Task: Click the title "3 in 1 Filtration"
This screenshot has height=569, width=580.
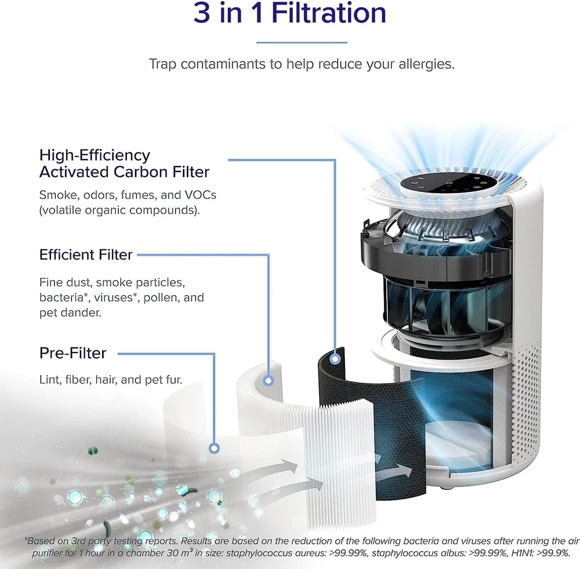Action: (x=289, y=13)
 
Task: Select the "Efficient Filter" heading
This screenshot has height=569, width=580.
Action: (x=86, y=255)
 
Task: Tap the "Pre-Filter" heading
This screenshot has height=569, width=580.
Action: (x=73, y=353)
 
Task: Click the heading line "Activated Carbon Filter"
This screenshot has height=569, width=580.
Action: (x=124, y=172)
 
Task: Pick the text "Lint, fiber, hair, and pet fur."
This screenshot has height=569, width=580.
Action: (x=111, y=379)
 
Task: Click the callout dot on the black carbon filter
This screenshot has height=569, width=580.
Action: (x=335, y=358)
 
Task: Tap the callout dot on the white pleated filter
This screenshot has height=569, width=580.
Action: (x=269, y=380)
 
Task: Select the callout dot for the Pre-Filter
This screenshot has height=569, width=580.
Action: (x=214, y=448)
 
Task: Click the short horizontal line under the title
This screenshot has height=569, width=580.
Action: (x=302, y=42)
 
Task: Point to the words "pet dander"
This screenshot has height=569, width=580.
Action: (x=70, y=313)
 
